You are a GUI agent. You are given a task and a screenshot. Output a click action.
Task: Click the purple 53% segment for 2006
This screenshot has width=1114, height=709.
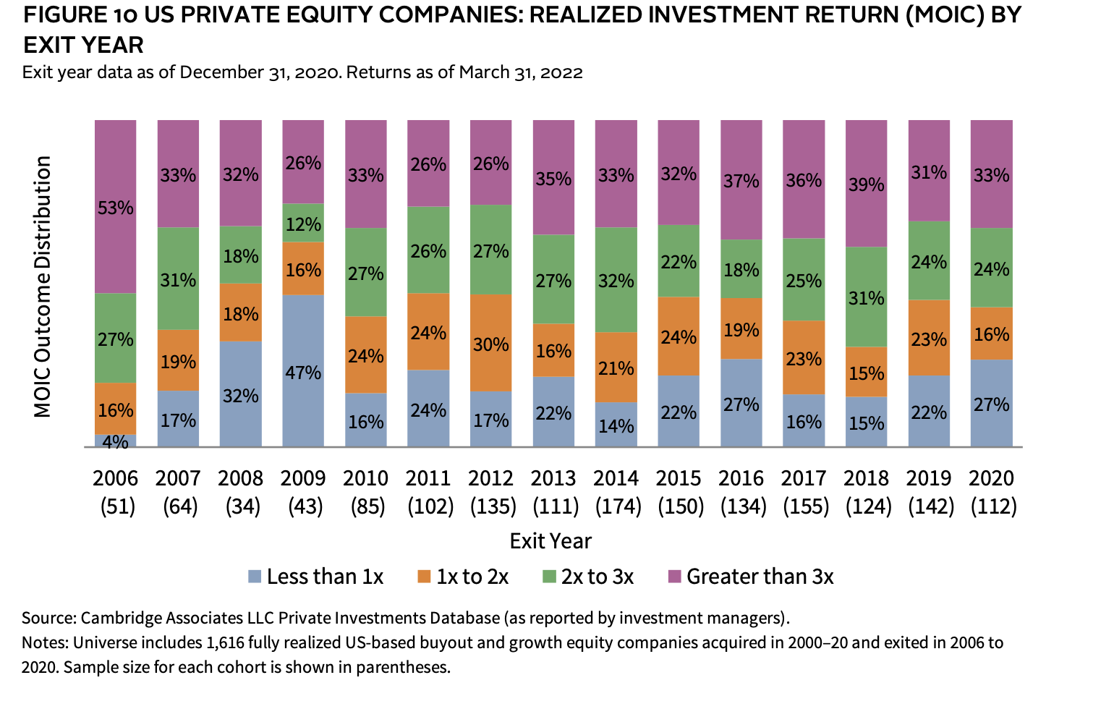116,207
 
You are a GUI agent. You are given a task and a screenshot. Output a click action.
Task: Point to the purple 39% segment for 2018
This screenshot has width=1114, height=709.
867,184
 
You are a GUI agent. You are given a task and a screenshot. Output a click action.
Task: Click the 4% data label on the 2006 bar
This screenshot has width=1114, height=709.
116,441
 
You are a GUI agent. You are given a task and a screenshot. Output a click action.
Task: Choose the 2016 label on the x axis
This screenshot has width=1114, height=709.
741,478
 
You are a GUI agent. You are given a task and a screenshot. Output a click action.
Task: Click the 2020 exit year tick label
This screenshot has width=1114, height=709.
992,478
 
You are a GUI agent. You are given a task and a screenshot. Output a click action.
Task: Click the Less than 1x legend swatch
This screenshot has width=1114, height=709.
255,577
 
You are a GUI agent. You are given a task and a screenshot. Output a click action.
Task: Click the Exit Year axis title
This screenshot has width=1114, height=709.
550,541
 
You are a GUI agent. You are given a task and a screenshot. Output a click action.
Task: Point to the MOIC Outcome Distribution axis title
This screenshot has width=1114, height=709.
43,286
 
